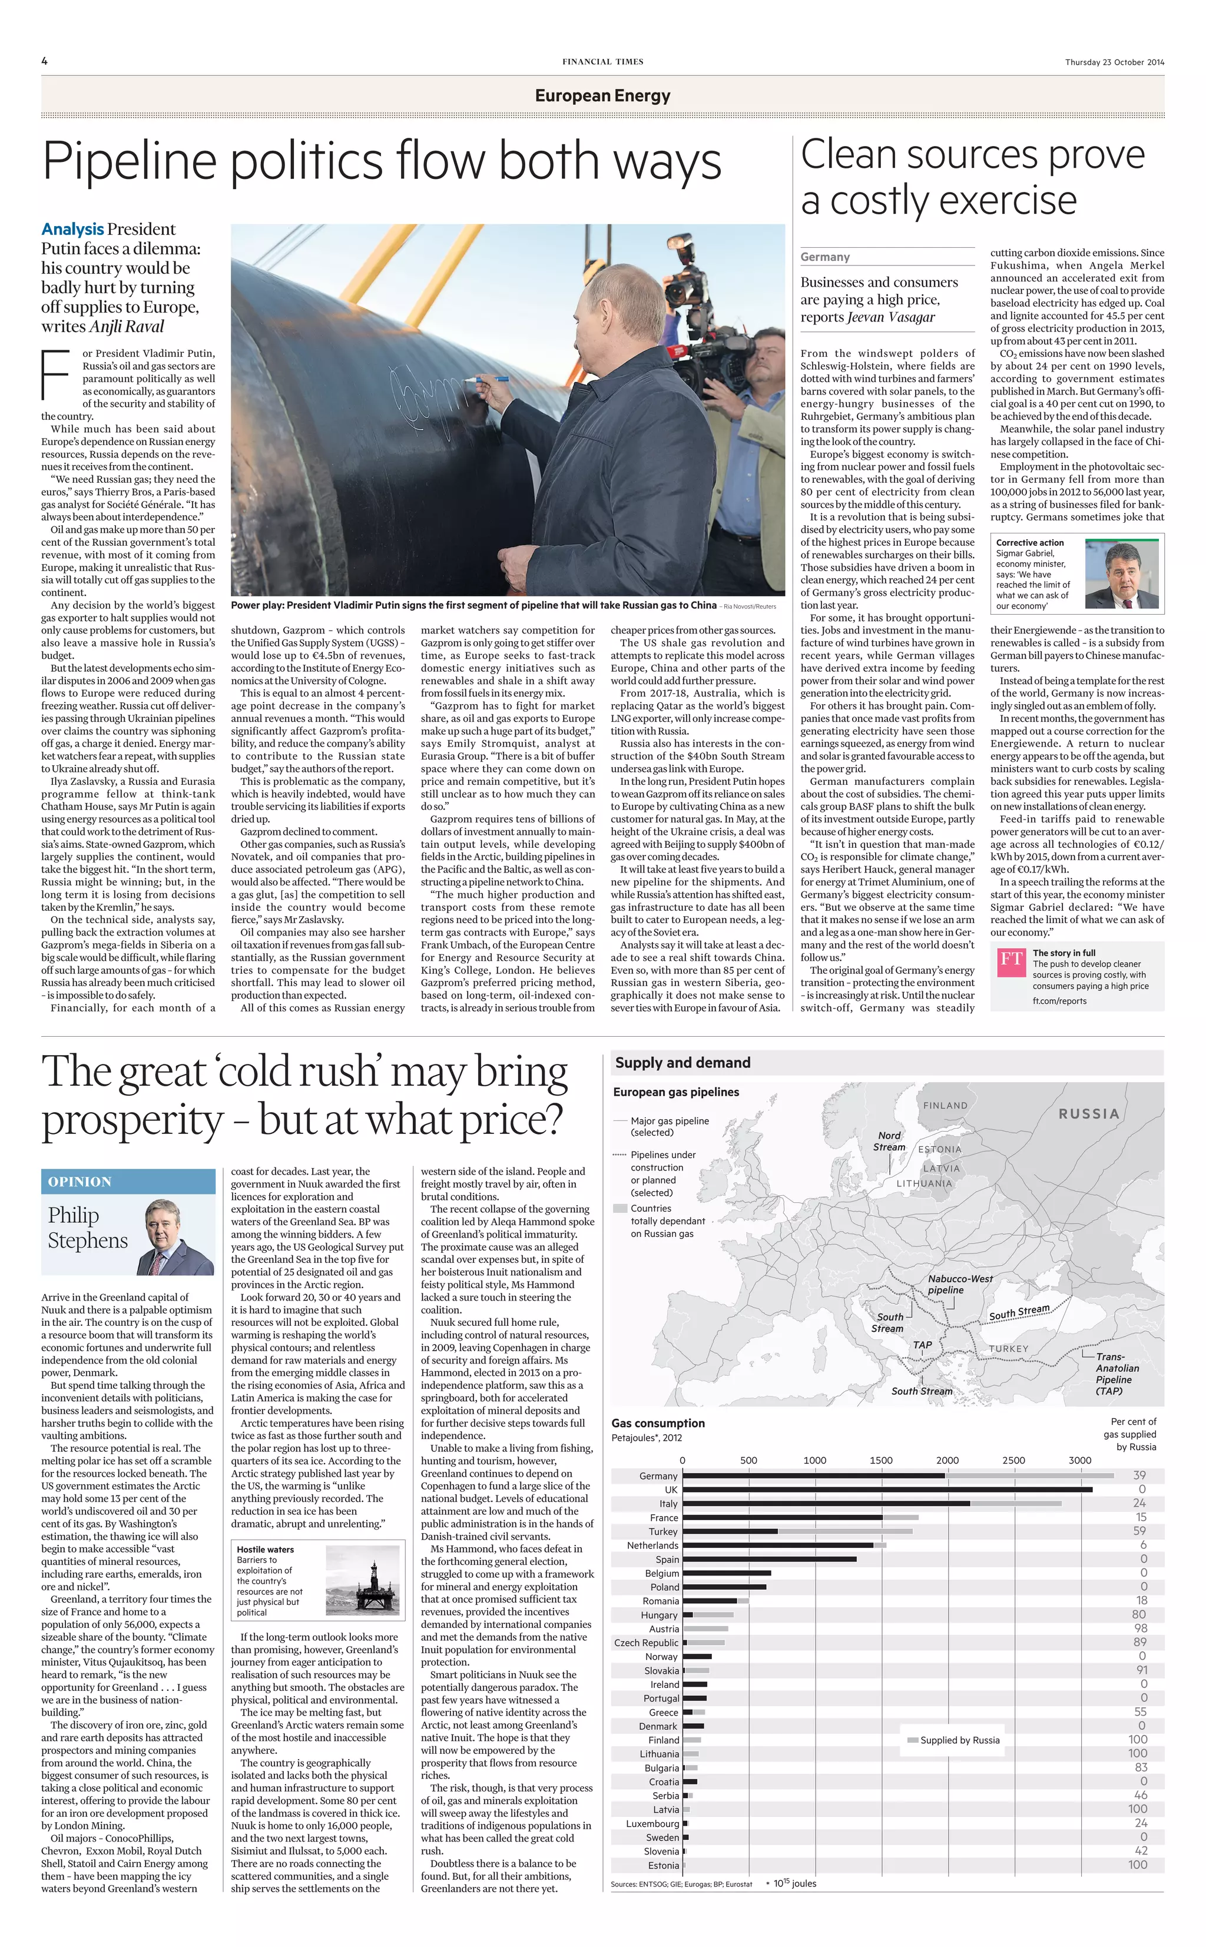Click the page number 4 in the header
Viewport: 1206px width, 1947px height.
(45, 61)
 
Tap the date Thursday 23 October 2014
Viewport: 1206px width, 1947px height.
(1114, 62)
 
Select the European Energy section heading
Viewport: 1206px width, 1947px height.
(602, 96)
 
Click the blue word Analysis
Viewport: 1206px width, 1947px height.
(72, 229)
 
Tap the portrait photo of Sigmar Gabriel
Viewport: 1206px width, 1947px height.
(1121, 574)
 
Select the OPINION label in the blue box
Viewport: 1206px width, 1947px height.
(79, 1182)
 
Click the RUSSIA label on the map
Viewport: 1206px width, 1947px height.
(1089, 1114)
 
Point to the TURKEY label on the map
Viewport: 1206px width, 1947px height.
(1009, 1349)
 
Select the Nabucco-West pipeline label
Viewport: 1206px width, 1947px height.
(959, 1283)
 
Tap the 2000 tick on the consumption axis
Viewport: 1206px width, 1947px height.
(947, 1461)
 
